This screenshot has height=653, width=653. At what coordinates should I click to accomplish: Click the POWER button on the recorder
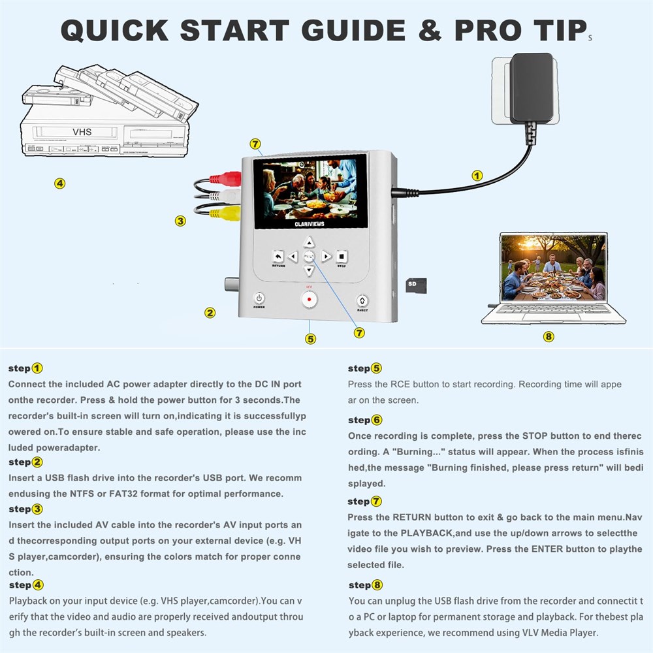tap(259, 298)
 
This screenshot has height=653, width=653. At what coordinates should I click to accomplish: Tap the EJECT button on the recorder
tap(362, 300)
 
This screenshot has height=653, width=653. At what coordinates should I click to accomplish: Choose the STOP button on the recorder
tap(342, 256)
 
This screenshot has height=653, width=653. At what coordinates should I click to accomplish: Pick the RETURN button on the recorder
tap(278, 256)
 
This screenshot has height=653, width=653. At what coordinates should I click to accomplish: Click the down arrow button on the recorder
tap(309, 271)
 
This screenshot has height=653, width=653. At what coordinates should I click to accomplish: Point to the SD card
tap(416, 286)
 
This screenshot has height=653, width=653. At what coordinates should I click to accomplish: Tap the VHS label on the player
tap(82, 132)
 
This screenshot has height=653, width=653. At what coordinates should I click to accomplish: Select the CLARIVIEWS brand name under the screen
tap(310, 224)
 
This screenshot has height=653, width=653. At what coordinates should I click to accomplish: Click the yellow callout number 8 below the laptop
tap(549, 336)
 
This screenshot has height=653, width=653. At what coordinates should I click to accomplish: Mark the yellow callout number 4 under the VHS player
tap(60, 183)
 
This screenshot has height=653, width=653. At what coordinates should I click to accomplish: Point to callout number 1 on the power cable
tap(477, 176)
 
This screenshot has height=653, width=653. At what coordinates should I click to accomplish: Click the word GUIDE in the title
tap(353, 31)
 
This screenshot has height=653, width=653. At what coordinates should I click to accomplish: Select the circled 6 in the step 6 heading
tap(377, 420)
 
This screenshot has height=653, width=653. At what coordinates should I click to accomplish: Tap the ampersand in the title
tap(430, 31)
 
